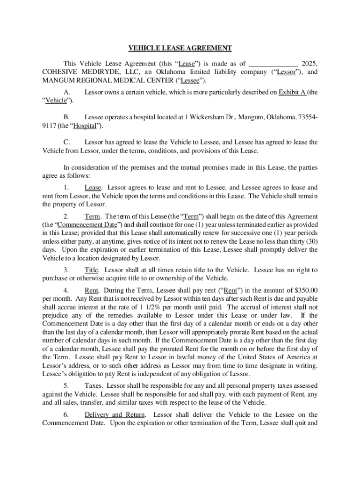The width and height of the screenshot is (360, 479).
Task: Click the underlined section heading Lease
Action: click(x=93, y=188)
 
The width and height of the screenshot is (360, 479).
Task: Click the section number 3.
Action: click(x=66, y=270)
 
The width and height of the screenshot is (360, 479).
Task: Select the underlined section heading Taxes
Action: click(x=94, y=386)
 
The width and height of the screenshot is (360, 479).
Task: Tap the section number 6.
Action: click(x=66, y=415)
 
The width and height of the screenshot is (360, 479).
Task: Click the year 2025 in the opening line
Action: click(x=310, y=64)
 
